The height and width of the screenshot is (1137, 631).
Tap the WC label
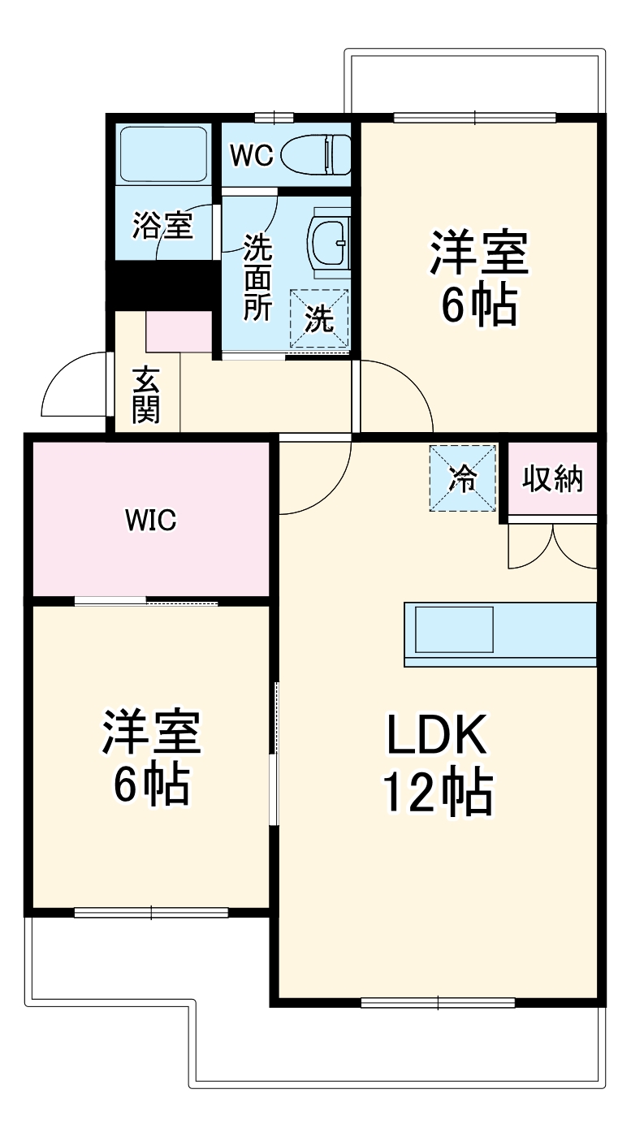pyautogui.click(x=251, y=155)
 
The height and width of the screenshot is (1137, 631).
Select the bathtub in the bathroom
pyautogui.click(x=162, y=153)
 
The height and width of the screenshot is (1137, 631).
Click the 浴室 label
pyautogui.click(x=163, y=225)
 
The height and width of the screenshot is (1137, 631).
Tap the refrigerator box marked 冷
pyautogui.click(x=463, y=478)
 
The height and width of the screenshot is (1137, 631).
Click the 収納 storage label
pyautogui.click(x=552, y=479)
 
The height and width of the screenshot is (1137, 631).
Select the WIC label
pyautogui.click(x=150, y=521)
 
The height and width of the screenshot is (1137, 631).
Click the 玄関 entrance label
pyautogui.click(x=146, y=396)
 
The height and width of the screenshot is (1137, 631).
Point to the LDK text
pyautogui.click(x=436, y=736)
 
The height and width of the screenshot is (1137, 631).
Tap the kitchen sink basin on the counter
pyautogui.click(x=455, y=629)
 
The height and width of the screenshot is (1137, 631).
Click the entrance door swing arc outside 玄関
pyautogui.click(x=73, y=386)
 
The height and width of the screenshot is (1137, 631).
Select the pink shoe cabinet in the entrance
pyautogui.click(x=179, y=331)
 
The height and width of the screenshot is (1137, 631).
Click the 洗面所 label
pyautogui.click(x=259, y=276)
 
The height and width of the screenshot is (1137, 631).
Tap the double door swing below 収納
pyautogui.click(x=552, y=546)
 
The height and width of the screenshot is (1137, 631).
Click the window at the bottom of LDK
pyautogui.click(x=438, y=1002)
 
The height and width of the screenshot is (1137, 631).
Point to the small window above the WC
pyautogui.click(x=273, y=119)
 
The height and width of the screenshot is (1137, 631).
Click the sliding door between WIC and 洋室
pyautogui.click(x=146, y=602)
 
